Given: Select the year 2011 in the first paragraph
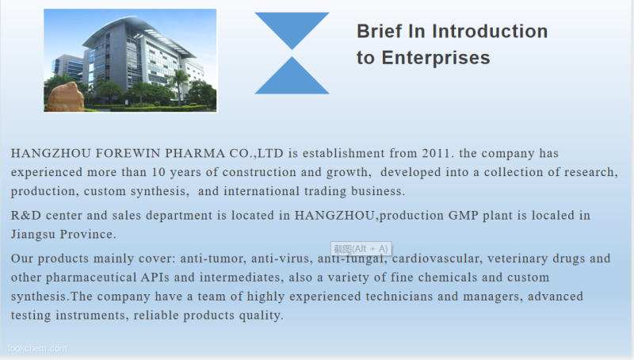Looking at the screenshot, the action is click(435, 153).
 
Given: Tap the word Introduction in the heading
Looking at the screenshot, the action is click(490, 31).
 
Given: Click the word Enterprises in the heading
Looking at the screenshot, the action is click(436, 57).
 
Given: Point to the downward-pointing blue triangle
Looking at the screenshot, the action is click(292, 28).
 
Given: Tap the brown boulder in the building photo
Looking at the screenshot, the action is click(66, 98).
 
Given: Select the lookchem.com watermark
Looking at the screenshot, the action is click(37, 348).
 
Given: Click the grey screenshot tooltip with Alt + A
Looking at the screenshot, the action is click(361, 249).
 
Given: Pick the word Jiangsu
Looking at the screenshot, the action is click(33, 235).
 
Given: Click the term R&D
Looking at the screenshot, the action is click(26, 215).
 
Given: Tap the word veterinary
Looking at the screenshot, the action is click(518, 259).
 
